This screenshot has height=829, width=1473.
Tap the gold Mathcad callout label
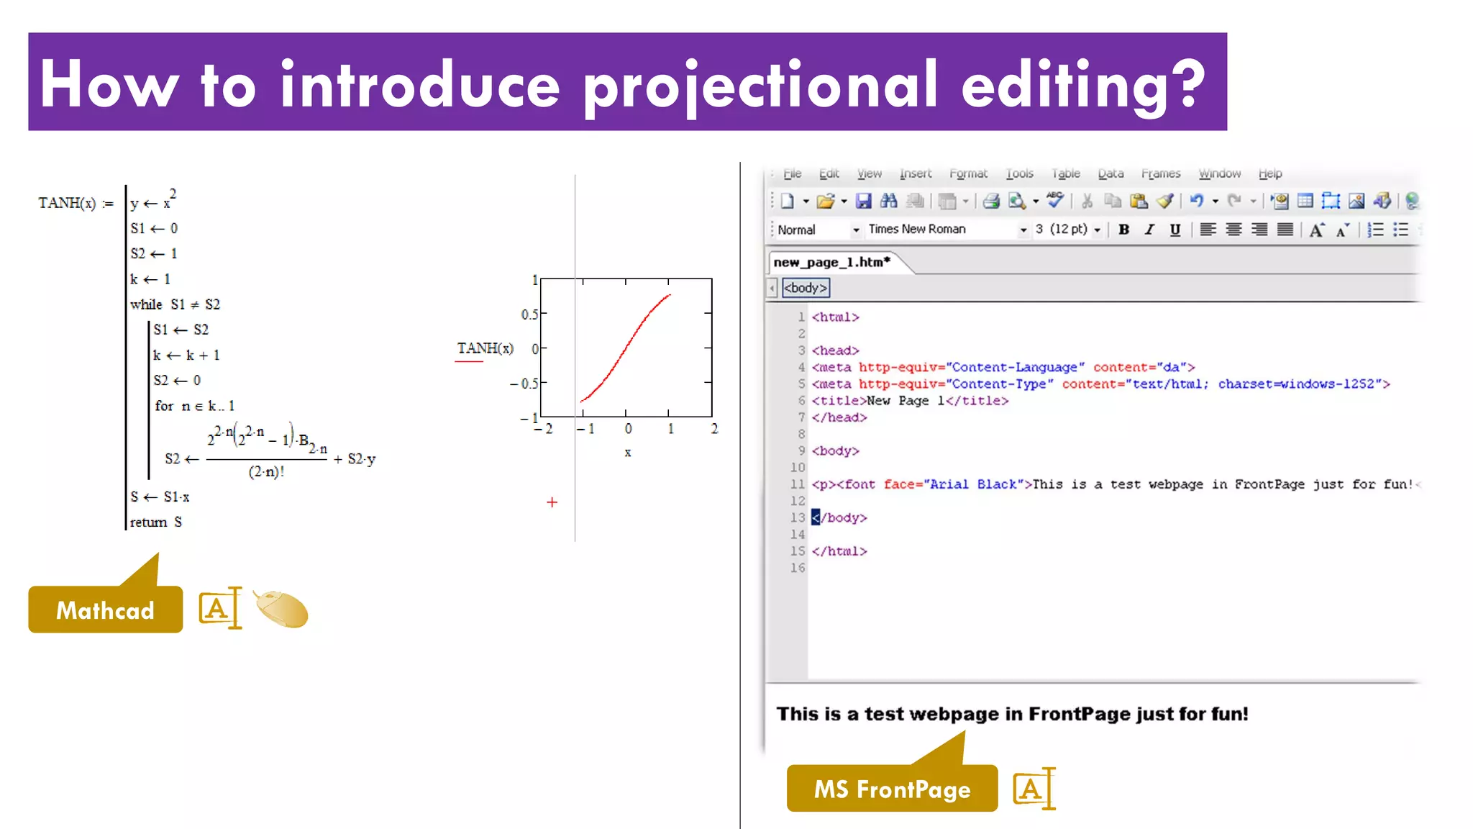105,610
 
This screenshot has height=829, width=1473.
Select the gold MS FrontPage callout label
892,789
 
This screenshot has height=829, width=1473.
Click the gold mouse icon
282,609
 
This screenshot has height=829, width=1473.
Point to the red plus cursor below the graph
552,502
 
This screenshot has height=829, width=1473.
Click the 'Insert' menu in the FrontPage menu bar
915,173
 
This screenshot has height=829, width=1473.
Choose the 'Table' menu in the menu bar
1065,173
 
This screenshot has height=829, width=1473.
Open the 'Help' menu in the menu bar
1269,173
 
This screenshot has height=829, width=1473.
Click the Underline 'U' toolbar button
1175,230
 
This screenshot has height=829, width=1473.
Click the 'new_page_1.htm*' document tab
832,262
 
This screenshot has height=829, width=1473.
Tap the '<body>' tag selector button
806,288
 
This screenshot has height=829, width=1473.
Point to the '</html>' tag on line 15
839,551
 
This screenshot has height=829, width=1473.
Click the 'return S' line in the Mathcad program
155,522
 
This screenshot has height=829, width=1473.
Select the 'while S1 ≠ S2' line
175,304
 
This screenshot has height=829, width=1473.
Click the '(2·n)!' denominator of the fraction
266,472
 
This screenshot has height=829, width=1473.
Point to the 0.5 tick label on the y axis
529,314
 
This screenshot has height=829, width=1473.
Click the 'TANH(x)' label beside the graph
485,348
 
